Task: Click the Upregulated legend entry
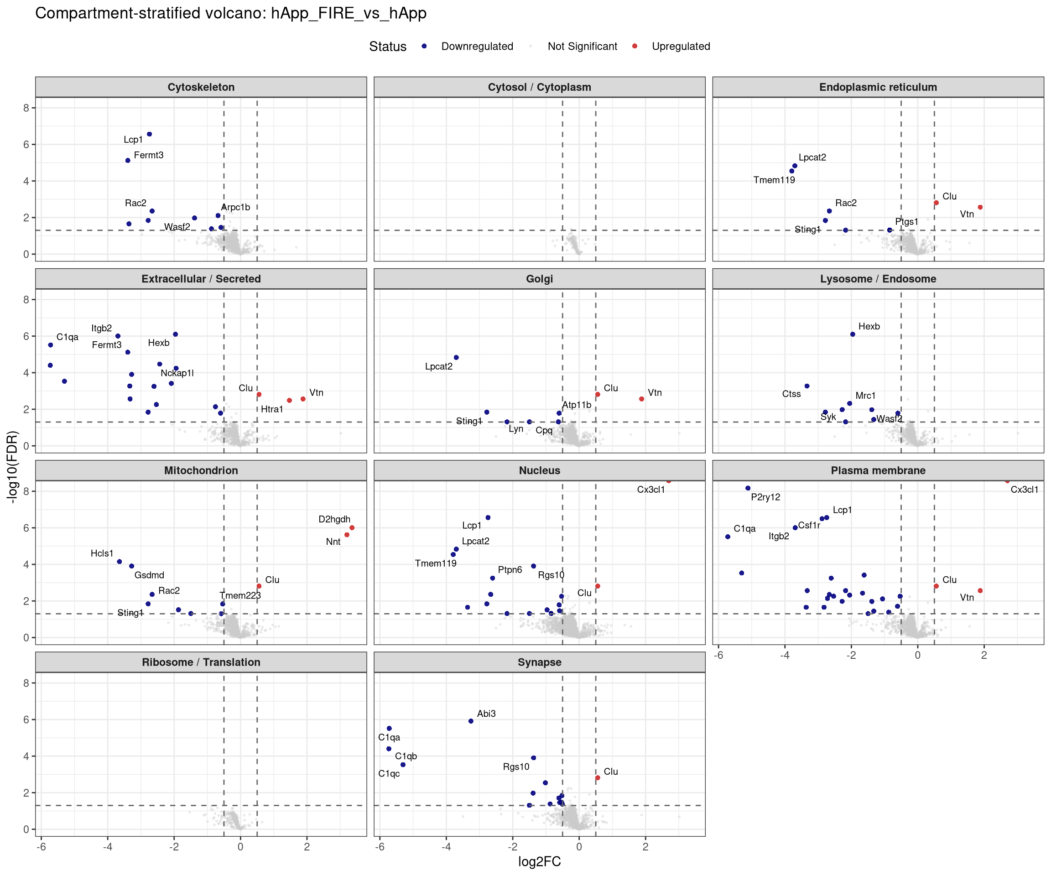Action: [671, 47]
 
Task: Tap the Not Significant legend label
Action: [583, 47]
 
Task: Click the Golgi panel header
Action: [540, 279]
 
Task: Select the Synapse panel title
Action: [540, 662]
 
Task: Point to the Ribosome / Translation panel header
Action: [201, 662]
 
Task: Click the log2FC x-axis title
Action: [540, 861]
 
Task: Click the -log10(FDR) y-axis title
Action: [12, 467]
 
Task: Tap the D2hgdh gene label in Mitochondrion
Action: [334, 520]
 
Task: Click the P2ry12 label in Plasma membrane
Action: [765, 497]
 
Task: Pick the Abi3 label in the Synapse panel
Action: [486, 714]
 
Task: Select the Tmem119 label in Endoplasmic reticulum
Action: [774, 180]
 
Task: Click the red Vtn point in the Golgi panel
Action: [642, 399]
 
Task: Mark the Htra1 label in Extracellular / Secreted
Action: [272, 409]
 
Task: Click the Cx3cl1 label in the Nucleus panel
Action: [650, 490]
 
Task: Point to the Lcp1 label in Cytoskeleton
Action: [133, 140]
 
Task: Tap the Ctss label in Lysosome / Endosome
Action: [791, 394]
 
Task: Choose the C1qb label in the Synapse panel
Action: [406, 756]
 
